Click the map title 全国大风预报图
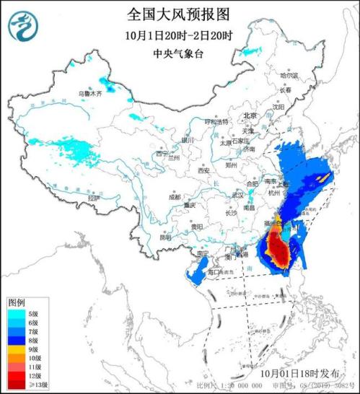180,14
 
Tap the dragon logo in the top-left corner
22,27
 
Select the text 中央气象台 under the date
180,53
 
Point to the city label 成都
175,196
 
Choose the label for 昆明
165,237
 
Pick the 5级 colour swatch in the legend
17,314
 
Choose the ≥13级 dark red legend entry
17,385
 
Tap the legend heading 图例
17,301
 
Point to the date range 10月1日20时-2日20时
180,35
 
